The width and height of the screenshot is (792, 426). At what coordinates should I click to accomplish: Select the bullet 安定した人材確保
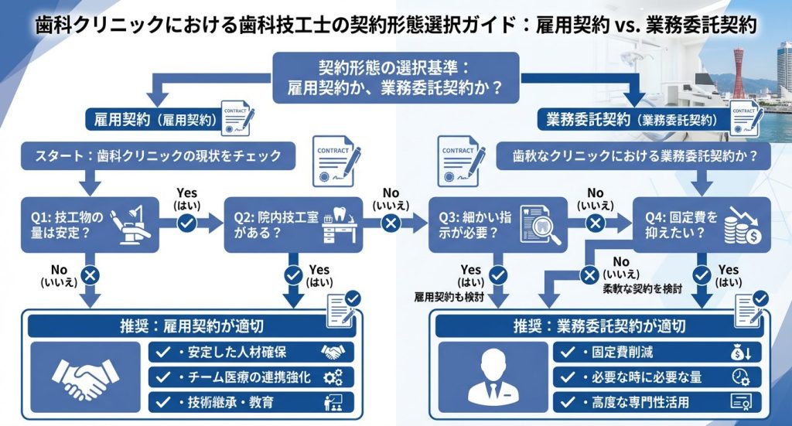pos(251,353)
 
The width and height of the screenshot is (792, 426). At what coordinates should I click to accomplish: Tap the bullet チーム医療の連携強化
pos(251,377)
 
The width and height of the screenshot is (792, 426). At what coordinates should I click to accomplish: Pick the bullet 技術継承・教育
pos(251,402)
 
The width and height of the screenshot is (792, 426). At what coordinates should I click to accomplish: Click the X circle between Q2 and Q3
pos(391,223)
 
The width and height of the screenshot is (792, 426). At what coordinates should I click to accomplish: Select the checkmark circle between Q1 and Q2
pos(186,223)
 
